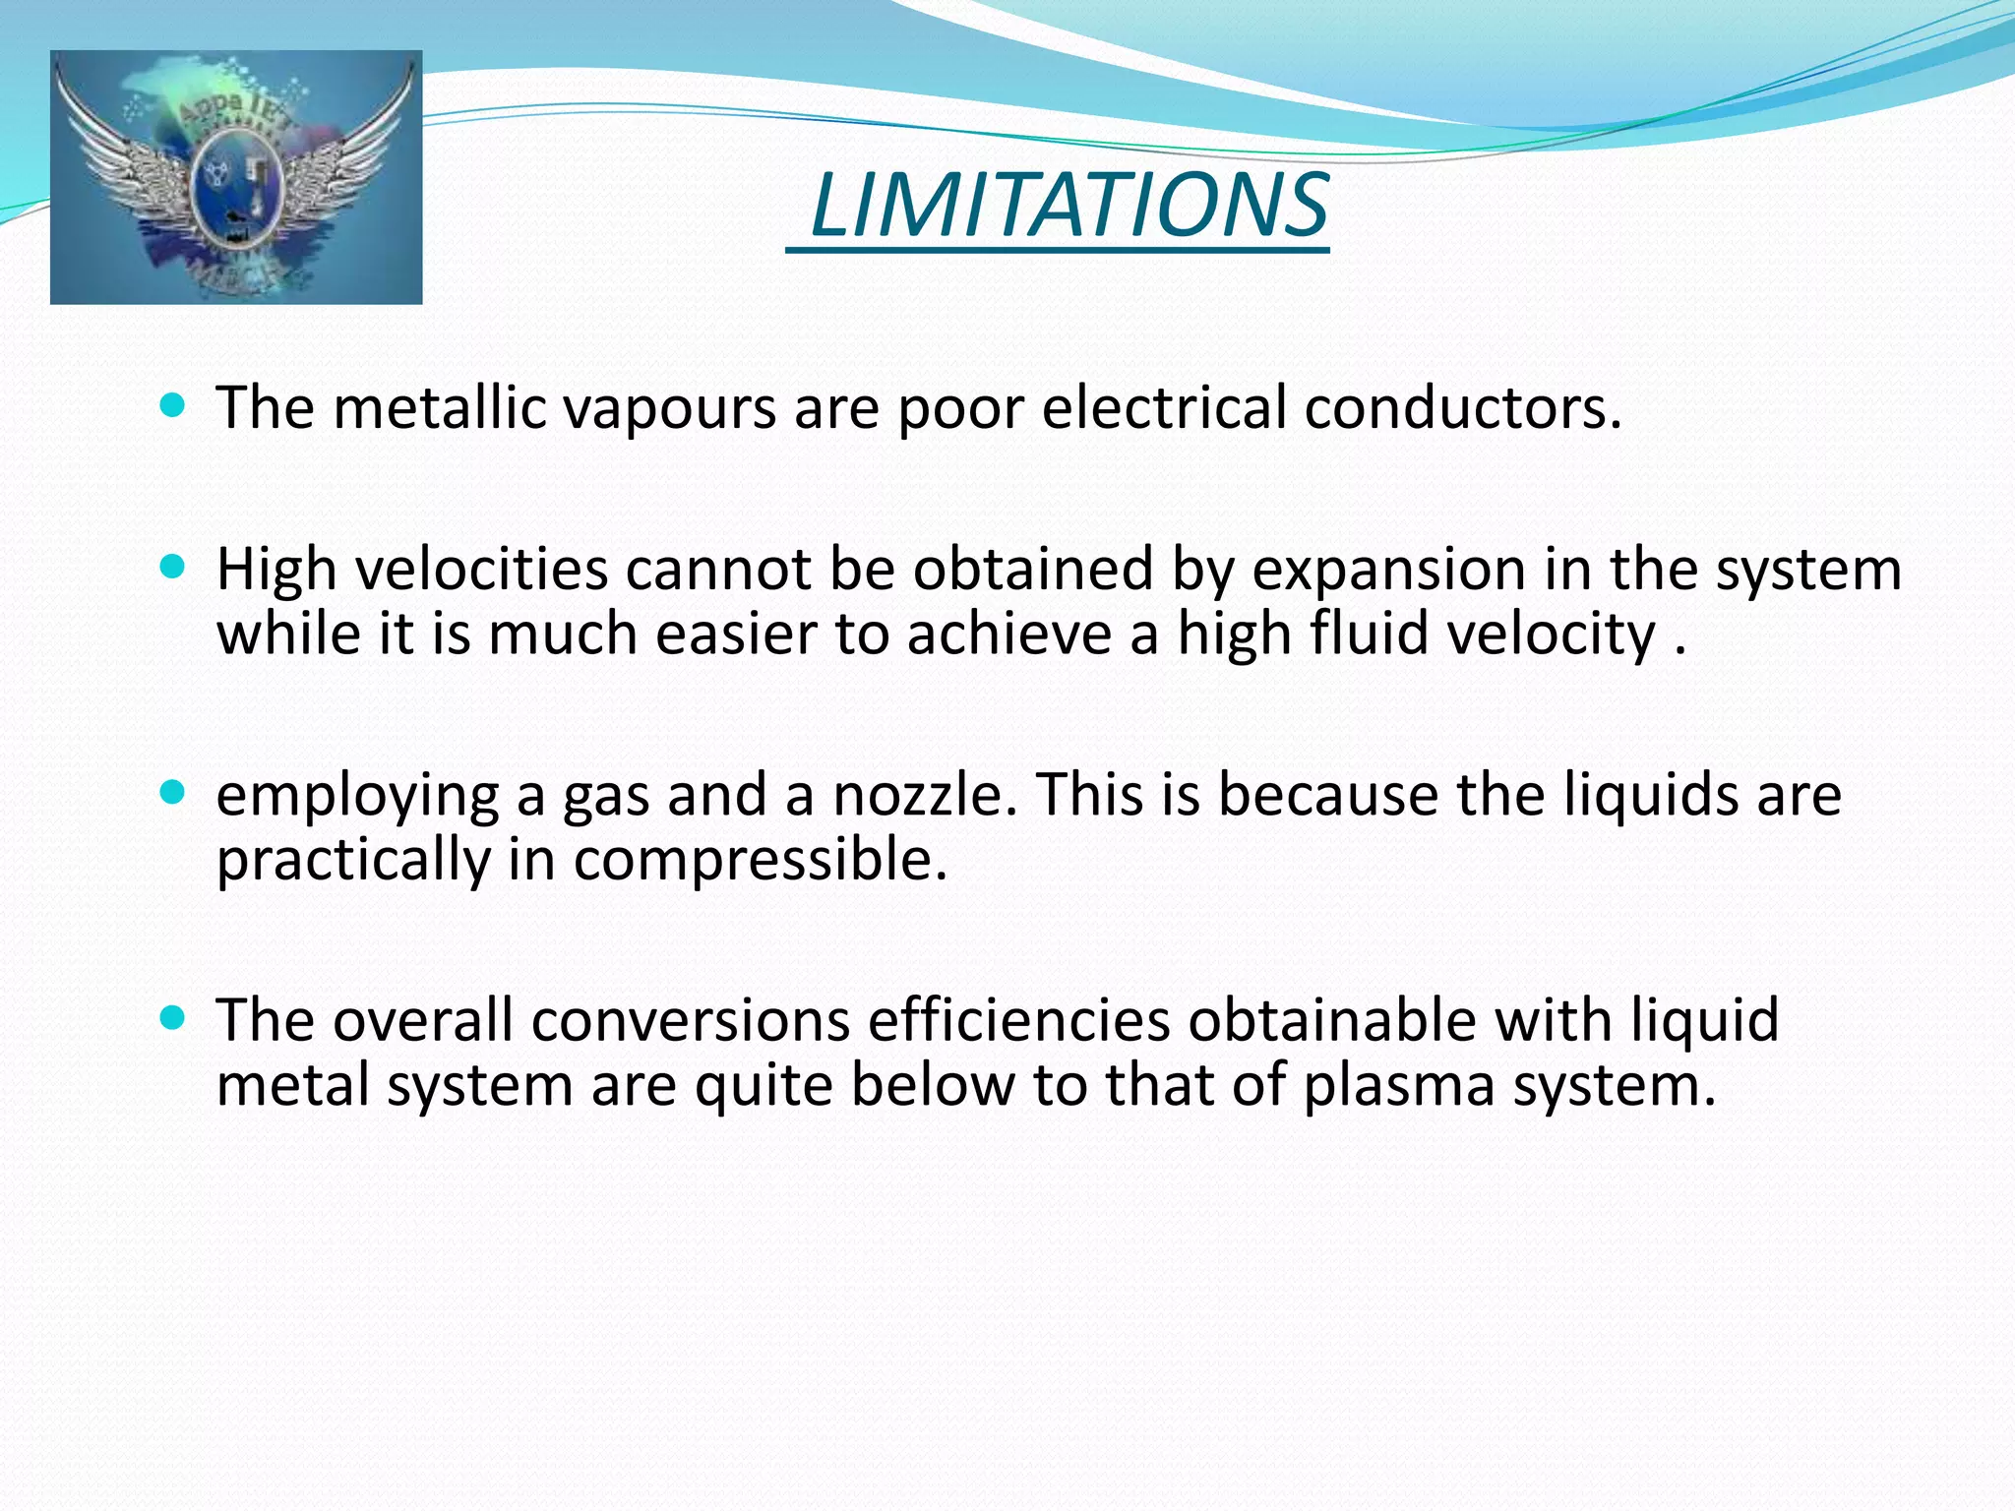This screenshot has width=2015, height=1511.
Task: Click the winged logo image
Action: tap(236, 177)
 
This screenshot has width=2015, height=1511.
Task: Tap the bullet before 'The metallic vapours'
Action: tap(172, 404)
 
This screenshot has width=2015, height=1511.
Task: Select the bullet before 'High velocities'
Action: tap(172, 567)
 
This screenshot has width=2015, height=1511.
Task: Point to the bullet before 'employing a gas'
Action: tap(172, 792)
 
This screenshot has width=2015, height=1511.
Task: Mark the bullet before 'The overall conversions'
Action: tap(172, 1017)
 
